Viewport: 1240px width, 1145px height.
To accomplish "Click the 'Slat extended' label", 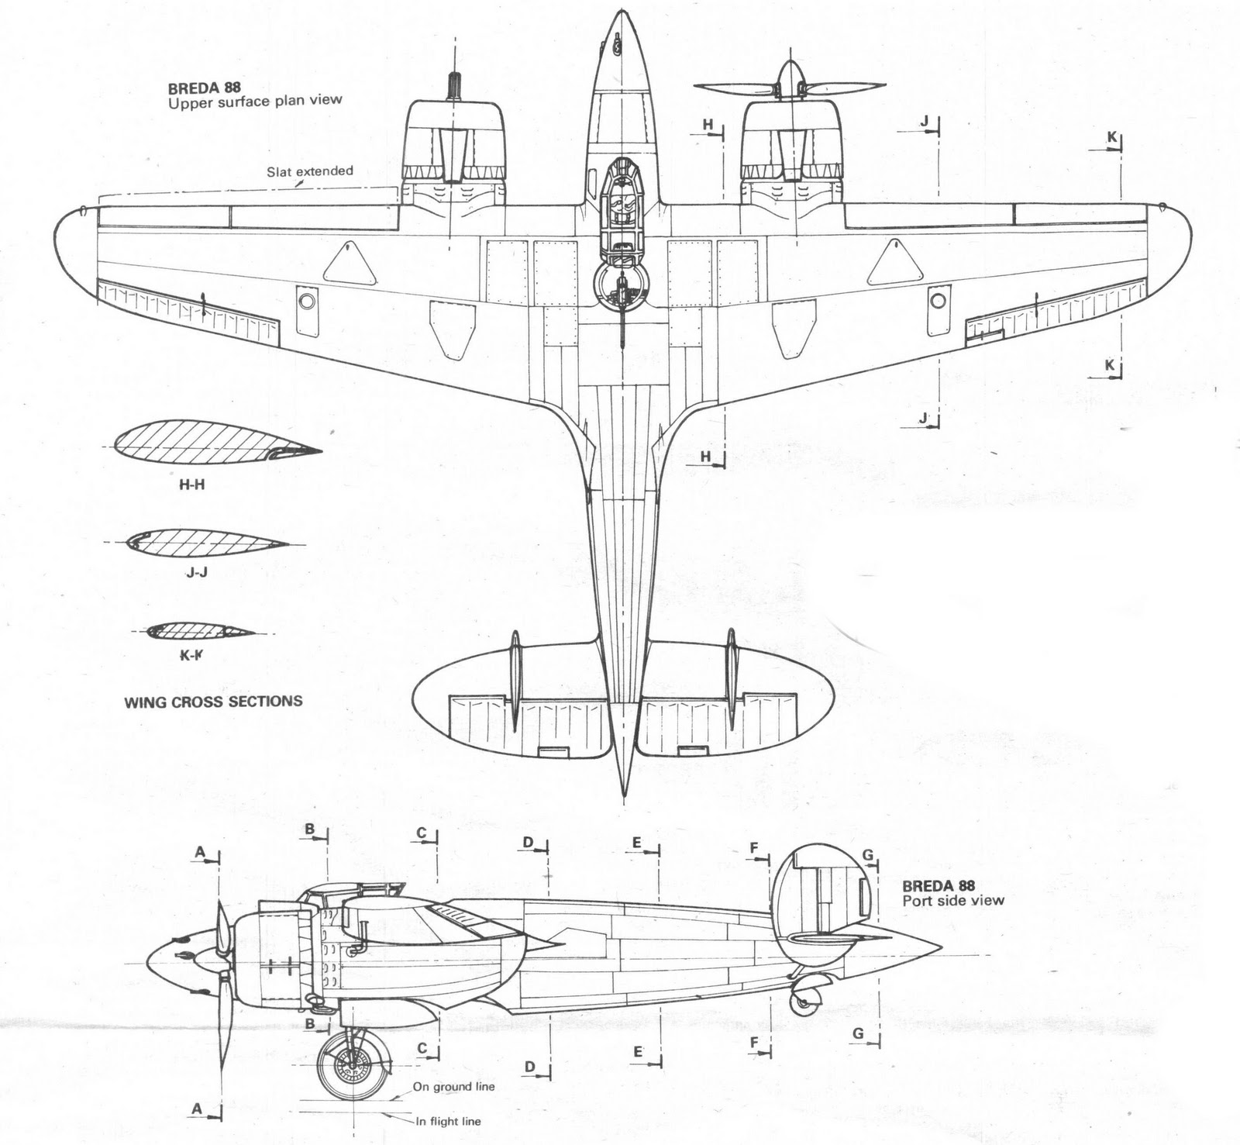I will coord(310,171).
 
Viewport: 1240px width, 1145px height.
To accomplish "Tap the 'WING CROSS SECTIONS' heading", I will coord(213,702).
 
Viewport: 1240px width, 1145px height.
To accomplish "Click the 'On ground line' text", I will coord(453,1086).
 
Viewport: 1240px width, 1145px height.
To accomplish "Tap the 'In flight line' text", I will coord(448,1121).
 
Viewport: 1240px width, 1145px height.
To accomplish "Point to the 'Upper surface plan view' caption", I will coord(255,101).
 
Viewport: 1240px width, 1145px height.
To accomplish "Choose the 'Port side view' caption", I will coord(953,900).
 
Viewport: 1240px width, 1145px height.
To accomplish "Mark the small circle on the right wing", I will coord(939,300).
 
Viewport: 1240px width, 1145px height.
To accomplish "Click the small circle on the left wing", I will coord(307,300).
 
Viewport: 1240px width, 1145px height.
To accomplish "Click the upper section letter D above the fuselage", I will coord(528,843).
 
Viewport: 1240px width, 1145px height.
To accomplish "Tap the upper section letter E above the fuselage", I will coord(637,843).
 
